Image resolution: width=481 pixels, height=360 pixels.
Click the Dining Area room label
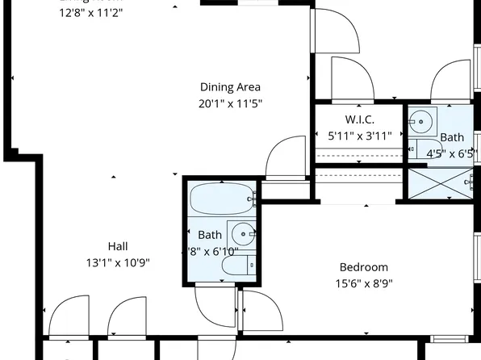(230, 87)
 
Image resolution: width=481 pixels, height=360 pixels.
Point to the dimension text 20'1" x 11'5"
(230, 103)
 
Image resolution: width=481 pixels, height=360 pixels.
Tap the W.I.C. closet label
(358, 120)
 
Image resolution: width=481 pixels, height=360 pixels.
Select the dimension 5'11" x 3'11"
(359, 136)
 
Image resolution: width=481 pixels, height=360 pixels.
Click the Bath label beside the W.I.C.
(452, 137)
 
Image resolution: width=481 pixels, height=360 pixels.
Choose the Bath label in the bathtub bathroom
(210, 235)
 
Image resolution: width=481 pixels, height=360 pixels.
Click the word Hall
(118, 246)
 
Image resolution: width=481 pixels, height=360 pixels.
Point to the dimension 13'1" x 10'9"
(118, 262)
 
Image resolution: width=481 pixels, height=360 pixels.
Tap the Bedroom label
(363, 267)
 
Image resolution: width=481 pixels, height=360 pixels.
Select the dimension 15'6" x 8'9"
(363, 283)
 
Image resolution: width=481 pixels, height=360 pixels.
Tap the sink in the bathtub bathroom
(241, 234)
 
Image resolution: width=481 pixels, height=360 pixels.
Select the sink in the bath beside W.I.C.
(420, 122)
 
